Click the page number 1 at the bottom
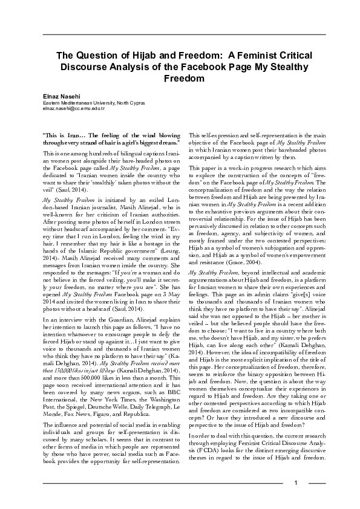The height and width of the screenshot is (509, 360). pyautogui.click(x=296, y=482)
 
